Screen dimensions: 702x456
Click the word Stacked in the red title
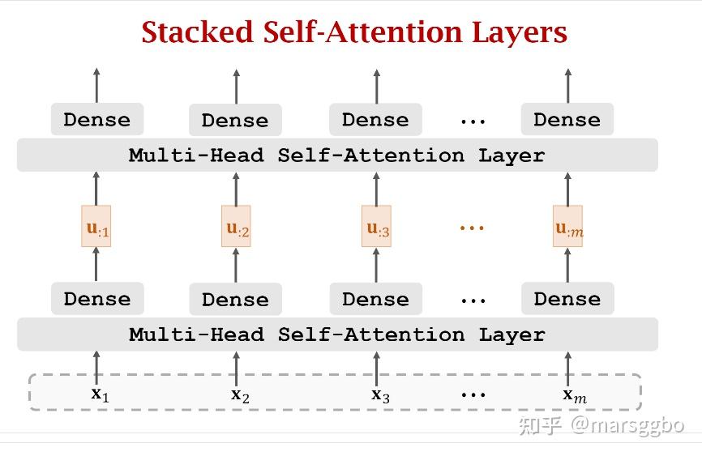click(198, 32)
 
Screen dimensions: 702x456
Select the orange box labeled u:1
click(96, 226)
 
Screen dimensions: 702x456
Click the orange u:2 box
click(236, 226)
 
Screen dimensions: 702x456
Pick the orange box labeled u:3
click(376, 226)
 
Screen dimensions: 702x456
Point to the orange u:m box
click(567, 226)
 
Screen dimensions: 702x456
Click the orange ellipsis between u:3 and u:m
click(472, 228)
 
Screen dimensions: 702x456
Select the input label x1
click(101, 394)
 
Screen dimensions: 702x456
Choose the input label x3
click(380, 395)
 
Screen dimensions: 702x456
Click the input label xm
click(575, 395)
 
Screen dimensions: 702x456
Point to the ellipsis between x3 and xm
click(473, 394)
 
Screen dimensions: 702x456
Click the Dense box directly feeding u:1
click(97, 299)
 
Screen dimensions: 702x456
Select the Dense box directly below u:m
click(567, 299)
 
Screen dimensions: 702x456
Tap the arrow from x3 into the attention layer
click(376, 369)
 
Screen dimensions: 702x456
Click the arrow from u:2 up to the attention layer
click(236, 189)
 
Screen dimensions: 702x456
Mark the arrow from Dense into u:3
click(376, 265)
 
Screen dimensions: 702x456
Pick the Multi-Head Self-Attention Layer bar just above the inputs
click(337, 335)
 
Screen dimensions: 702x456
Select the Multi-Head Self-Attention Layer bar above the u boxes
click(337, 155)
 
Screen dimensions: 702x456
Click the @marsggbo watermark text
click(627, 425)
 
